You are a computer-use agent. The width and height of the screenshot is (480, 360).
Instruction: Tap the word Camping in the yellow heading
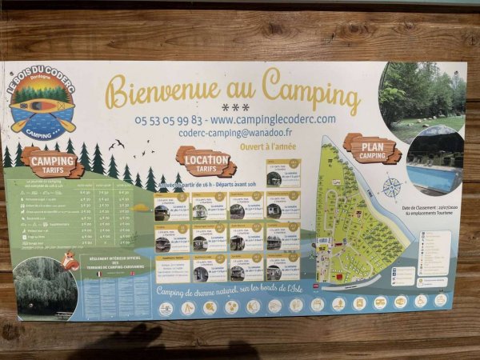pyautogui.click(x=310, y=89)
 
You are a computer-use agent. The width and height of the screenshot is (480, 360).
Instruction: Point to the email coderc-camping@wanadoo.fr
pyautogui.click(x=235, y=133)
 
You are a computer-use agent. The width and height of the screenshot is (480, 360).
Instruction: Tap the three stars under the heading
pyautogui.click(x=235, y=107)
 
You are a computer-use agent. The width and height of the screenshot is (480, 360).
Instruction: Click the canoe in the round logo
pyautogui.click(x=42, y=105)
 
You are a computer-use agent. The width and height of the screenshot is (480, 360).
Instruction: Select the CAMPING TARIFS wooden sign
pyautogui.click(x=52, y=163)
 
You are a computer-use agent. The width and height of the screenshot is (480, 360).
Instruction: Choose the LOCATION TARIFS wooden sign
pyautogui.click(x=206, y=162)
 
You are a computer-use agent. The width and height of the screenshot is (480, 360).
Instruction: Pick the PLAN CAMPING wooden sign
pyautogui.click(x=371, y=149)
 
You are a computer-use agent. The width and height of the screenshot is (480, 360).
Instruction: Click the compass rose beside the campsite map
pyautogui.click(x=392, y=188)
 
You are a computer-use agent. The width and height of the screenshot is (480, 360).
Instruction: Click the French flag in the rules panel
pyautogui.click(x=98, y=274)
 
